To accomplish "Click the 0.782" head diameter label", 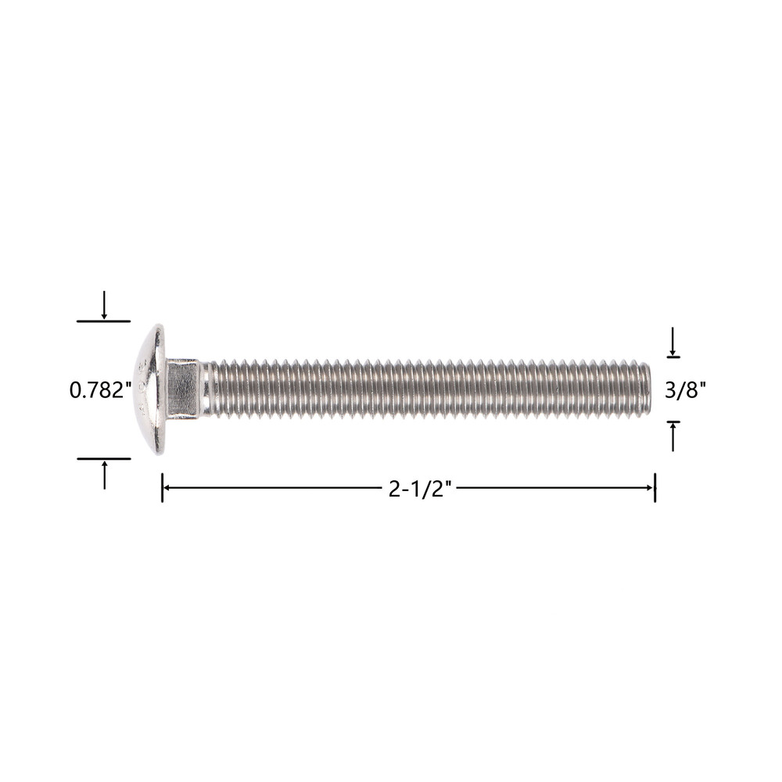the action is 100,390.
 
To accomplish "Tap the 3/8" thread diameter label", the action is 685,390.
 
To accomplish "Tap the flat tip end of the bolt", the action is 647,389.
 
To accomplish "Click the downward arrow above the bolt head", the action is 104,305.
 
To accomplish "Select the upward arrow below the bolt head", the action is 104,475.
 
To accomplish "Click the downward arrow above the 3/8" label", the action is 673,342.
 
